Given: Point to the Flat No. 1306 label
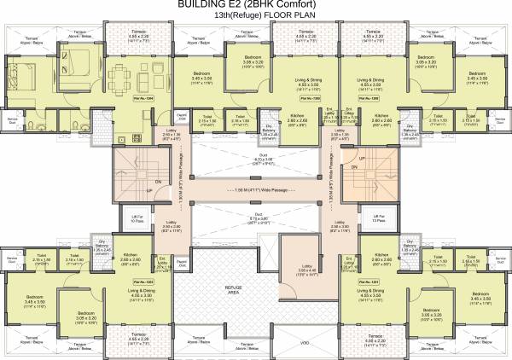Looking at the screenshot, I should [x=369, y=99].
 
